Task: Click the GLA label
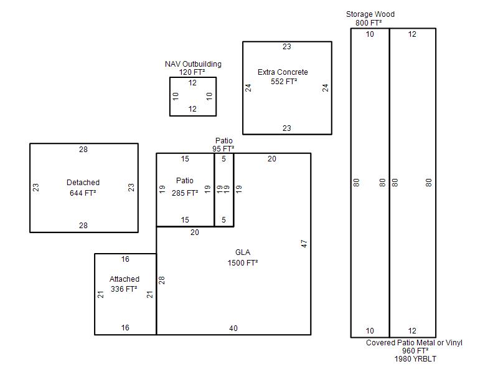click(x=243, y=252)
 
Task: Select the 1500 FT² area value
click(x=243, y=262)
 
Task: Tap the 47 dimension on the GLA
click(x=304, y=244)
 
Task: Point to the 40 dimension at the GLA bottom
click(x=233, y=328)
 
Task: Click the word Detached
click(x=83, y=183)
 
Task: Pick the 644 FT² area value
click(x=83, y=193)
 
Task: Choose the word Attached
click(x=125, y=279)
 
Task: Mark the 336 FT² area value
click(x=124, y=289)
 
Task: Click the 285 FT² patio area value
click(x=185, y=193)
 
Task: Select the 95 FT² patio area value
click(x=223, y=148)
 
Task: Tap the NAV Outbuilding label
click(x=193, y=64)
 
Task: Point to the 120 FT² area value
click(x=192, y=72)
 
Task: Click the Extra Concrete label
click(x=283, y=72)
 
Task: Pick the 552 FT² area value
click(x=284, y=82)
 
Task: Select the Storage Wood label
click(x=370, y=14)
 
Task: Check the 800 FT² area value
click(x=369, y=23)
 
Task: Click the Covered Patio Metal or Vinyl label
click(x=414, y=342)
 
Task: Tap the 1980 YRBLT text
click(x=415, y=359)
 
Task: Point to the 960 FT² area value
click(x=415, y=351)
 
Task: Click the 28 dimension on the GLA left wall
click(x=162, y=280)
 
